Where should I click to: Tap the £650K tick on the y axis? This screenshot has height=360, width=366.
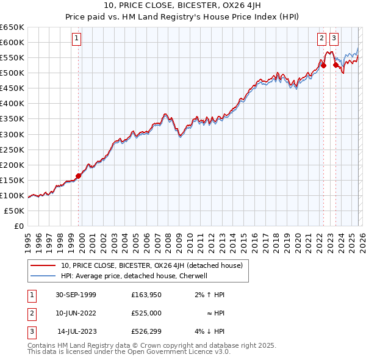coord(12,27)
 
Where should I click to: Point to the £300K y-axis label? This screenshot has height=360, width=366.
coord(12,134)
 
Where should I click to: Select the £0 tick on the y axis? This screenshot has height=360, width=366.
coord(18,226)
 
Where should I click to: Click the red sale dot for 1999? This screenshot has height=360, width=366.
coord(79,176)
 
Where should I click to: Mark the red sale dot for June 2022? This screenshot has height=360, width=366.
coord(323,65)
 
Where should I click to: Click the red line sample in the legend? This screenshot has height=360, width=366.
coord(43,265)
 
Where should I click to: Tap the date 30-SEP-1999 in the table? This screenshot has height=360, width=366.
coord(76,295)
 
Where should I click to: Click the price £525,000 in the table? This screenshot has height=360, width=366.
coord(146,313)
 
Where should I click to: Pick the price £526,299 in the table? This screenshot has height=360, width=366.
coord(146,331)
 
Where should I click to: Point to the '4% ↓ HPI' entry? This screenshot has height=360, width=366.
coord(209,331)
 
